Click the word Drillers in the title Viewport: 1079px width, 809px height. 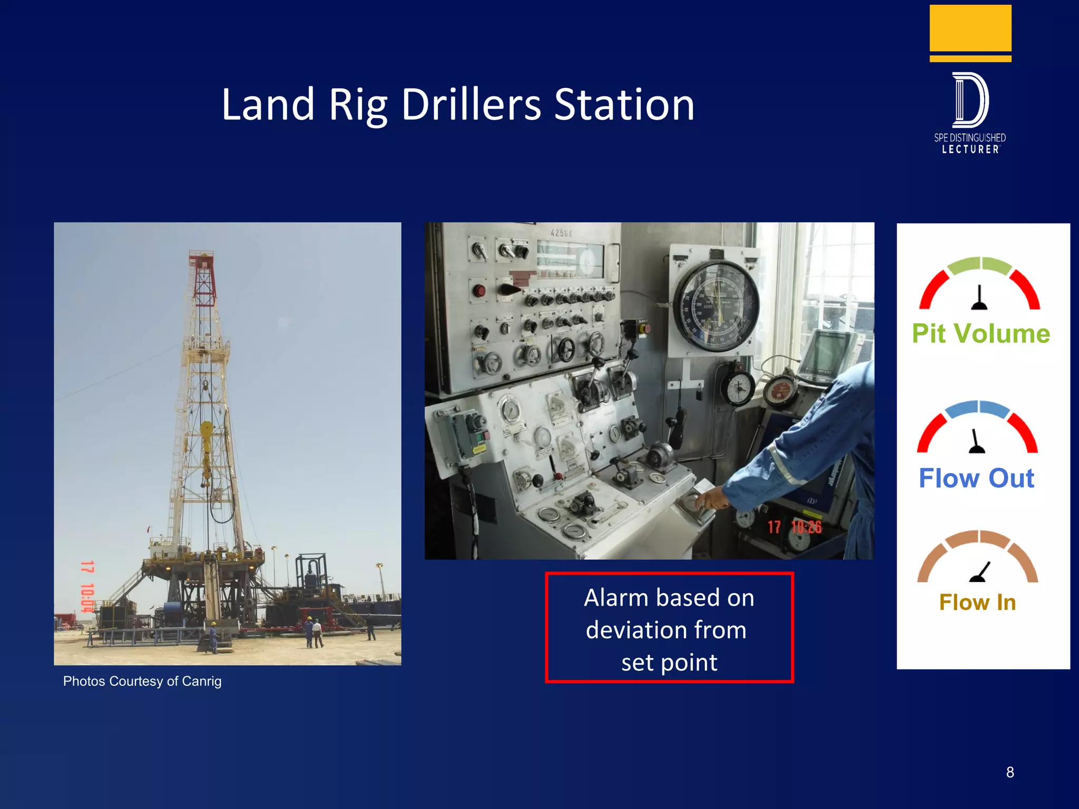click(x=471, y=104)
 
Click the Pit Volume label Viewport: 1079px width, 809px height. click(x=981, y=333)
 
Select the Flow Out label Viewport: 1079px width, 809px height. click(x=976, y=478)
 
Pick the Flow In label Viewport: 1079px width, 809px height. click(x=977, y=602)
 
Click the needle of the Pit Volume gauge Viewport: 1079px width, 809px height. click(x=979, y=298)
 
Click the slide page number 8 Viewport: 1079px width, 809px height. click(x=1009, y=772)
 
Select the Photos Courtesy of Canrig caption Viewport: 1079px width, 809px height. click(x=142, y=681)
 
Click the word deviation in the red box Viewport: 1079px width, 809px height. click(x=666, y=630)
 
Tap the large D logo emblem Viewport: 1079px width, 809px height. click(x=970, y=100)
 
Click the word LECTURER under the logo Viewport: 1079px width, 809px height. click(x=970, y=150)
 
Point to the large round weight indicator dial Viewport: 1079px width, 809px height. click(x=717, y=306)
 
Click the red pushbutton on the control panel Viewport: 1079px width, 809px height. click(x=478, y=291)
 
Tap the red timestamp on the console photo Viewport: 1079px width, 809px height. click(x=794, y=527)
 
